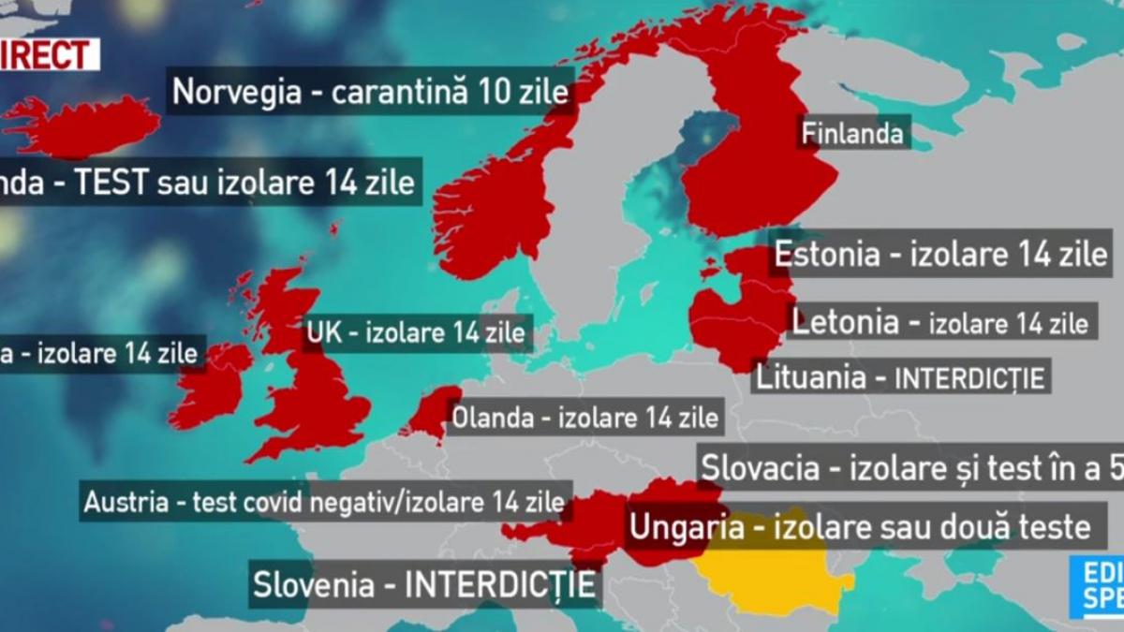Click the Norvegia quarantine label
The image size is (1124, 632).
pyautogui.click(x=371, y=92)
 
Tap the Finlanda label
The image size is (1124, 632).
pyautogui.click(x=852, y=132)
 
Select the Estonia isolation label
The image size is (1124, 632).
pyautogui.click(x=939, y=254)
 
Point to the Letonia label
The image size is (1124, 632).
pyautogui.click(x=939, y=322)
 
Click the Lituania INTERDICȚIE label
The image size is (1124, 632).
pyautogui.click(x=900, y=377)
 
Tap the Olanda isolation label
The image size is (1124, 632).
pyautogui.click(x=585, y=418)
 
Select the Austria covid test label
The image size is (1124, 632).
pyautogui.click(x=324, y=501)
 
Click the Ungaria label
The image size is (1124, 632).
pyautogui.click(x=859, y=527)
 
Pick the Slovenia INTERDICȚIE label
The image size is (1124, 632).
pyautogui.click(x=424, y=585)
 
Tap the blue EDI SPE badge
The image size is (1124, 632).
pyautogui.click(x=1099, y=587)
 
